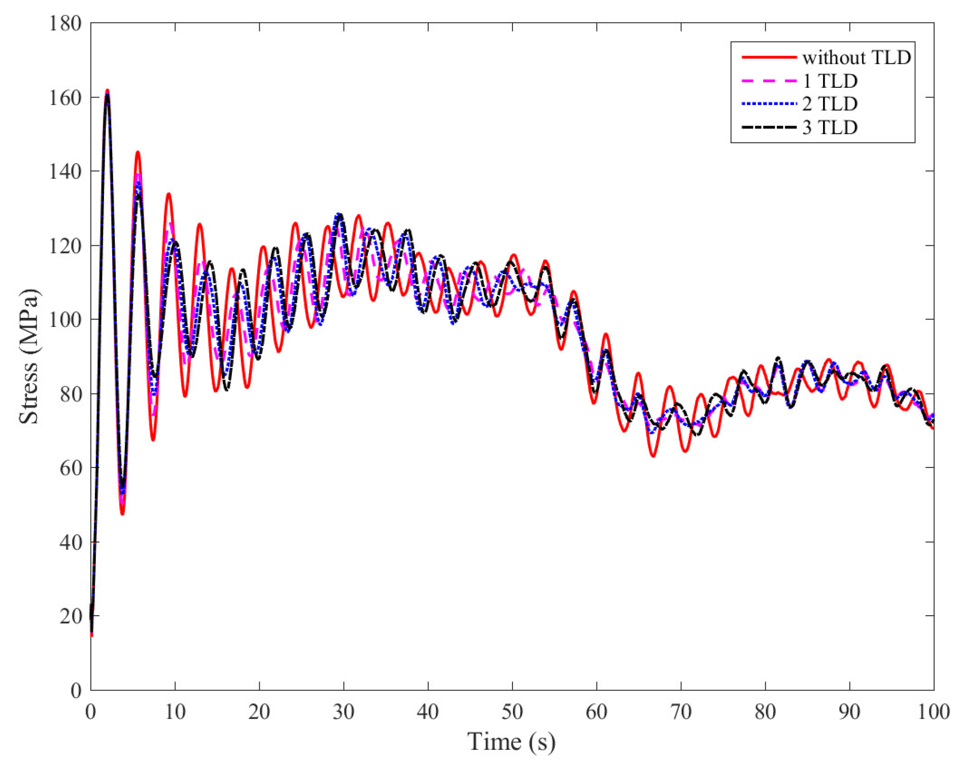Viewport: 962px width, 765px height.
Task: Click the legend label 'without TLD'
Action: click(856, 58)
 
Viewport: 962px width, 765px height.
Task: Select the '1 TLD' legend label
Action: click(830, 81)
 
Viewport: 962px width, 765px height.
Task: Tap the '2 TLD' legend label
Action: click(830, 104)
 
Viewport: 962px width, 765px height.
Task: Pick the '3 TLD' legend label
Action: click(830, 127)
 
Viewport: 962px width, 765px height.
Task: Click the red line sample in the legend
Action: click(769, 57)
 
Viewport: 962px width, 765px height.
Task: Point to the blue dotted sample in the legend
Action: click(769, 104)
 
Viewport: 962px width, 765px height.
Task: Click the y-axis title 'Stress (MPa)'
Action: click(28, 356)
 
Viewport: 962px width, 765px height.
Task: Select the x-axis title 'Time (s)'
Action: click(511, 742)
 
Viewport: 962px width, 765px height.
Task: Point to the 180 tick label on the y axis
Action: click(65, 23)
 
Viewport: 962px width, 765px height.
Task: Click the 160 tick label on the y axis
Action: click(65, 97)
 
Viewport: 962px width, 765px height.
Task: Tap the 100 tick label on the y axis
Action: click(65, 320)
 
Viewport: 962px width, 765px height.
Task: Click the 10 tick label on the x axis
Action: click(175, 712)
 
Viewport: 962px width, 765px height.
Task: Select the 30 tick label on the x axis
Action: click(343, 712)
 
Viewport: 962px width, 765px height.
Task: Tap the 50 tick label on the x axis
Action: click(512, 712)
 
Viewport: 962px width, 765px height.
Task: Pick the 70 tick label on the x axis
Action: click(681, 712)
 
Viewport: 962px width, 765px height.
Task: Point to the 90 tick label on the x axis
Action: click(849, 712)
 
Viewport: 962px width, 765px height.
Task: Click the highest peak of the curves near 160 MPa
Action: click(107, 91)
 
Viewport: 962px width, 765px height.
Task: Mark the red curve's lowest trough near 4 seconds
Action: click(122, 513)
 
